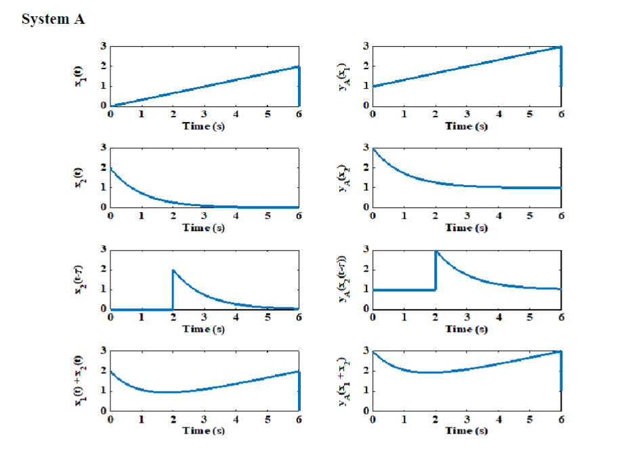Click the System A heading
pyautogui.click(x=53, y=19)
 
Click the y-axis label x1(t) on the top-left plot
pyautogui.click(x=80, y=75)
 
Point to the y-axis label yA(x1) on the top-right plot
pyautogui.click(x=343, y=75)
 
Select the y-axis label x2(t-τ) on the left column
pyautogui.click(x=80, y=278)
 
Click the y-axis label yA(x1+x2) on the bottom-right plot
pyautogui.click(x=343, y=380)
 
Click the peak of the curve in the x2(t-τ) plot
pyautogui.click(x=173, y=270)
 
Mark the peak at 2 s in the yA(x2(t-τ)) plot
pyautogui.click(x=435, y=251)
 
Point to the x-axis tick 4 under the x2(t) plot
pyautogui.click(x=236, y=215)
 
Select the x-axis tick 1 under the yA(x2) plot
pyautogui.click(x=404, y=215)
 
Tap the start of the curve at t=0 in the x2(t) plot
pyautogui.click(x=110, y=168)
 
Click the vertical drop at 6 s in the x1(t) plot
pyautogui.click(x=299, y=86)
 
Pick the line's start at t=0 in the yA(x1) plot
pyautogui.click(x=373, y=86)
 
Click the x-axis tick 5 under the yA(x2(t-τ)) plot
pyautogui.click(x=530, y=317)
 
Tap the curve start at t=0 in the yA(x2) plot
pyautogui.click(x=373, y=148)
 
